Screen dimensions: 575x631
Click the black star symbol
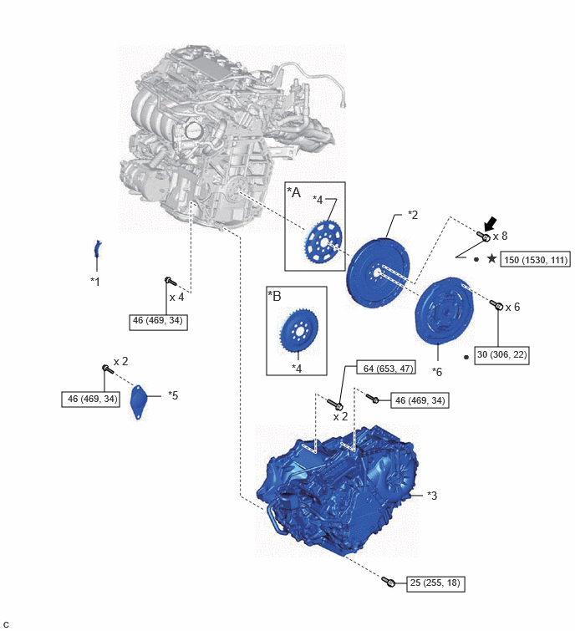[491, 258]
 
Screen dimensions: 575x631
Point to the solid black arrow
[491, 224]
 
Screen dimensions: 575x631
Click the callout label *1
[95, 282]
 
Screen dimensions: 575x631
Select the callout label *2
[413, 215]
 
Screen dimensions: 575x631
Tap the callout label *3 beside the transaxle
[432, 496]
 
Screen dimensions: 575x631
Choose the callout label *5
[173, 395]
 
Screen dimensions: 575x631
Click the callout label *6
[437, 372]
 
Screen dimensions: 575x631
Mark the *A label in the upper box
[294, 192]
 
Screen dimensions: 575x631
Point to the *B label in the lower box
[275, 296]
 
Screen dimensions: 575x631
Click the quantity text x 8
[500, 236]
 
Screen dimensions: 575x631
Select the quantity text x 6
[512, 307]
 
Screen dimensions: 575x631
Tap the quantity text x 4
[176, 297]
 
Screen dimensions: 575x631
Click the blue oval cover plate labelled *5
[138, 403]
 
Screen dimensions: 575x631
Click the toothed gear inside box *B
[298, 330]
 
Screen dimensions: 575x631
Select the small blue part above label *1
[97, 249]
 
